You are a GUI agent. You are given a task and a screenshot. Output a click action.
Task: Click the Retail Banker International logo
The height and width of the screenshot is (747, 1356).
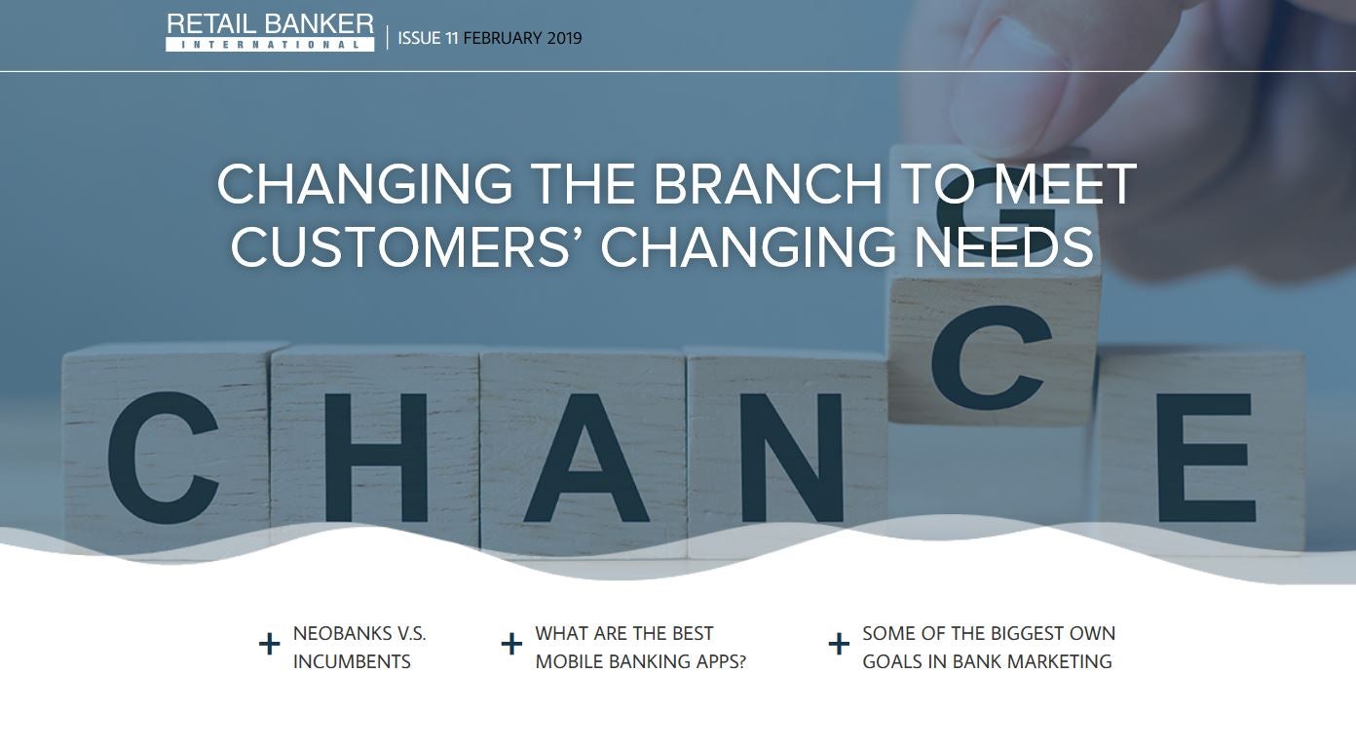click(x=270, y=32)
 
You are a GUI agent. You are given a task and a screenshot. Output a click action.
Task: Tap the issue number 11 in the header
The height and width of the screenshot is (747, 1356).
click(x=451, y=38)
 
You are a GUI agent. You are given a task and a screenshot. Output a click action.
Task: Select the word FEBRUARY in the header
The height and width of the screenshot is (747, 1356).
click(x=503, y=38)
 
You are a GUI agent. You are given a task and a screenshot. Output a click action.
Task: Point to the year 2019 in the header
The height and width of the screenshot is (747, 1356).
click(x=564, y=38)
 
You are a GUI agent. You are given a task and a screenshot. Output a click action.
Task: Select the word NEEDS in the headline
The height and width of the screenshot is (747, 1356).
click(x=1003, y=247)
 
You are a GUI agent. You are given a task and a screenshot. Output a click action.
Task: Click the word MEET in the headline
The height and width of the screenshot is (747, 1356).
click(x=1065, y=184)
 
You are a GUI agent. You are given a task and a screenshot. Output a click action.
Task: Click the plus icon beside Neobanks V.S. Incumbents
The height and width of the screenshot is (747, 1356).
click(x=270, y=644)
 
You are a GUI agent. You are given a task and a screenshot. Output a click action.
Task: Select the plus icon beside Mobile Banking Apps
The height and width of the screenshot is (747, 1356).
click(x=511, y=644)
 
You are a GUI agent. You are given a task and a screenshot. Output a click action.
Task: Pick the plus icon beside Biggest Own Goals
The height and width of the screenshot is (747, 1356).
click(x=839, y=644)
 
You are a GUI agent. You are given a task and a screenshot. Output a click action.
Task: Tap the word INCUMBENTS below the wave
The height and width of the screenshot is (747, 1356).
click(x=352, y=661)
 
